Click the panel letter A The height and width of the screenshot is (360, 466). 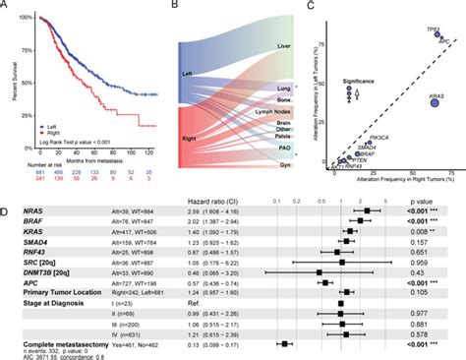click(x=7, y=7)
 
